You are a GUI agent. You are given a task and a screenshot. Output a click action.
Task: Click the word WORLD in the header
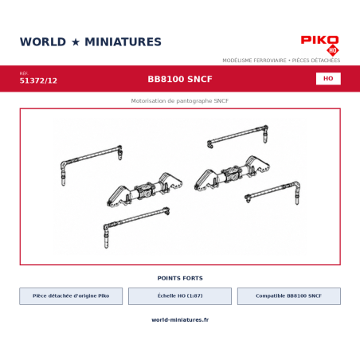(43, 42)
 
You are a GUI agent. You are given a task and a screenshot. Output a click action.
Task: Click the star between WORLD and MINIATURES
(76, 42)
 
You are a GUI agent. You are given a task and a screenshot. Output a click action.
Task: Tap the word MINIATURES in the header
(123, 42)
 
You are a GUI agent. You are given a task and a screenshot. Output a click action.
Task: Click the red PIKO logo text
(319, 40)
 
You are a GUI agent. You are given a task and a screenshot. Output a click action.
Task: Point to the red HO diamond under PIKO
(333, 50)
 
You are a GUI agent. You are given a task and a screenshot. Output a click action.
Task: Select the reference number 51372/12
(38, 80)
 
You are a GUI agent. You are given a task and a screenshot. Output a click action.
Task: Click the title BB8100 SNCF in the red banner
(180, 79)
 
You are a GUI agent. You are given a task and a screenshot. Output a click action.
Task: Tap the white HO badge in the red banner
(328, 79)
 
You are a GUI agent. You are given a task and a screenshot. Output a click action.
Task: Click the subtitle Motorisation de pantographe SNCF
(180, 101)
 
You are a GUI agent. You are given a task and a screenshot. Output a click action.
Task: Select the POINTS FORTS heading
(180, 278)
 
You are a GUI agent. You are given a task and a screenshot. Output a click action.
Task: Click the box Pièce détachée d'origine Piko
(71, 296)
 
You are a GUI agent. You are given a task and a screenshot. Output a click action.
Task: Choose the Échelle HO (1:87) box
(180, 296)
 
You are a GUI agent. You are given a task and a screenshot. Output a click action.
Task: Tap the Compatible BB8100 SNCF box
(289, 296)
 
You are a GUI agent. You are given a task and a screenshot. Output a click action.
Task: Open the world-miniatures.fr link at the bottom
(180, 319)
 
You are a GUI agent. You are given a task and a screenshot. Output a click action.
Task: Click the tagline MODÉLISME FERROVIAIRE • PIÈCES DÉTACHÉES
(281, 61)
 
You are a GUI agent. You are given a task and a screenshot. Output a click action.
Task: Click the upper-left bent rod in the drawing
(90, 155)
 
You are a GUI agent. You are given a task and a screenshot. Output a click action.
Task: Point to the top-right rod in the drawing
(237, 134)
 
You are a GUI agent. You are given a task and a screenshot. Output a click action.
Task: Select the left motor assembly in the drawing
(145, 190)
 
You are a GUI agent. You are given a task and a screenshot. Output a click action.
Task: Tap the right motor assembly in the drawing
(232, 173)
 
